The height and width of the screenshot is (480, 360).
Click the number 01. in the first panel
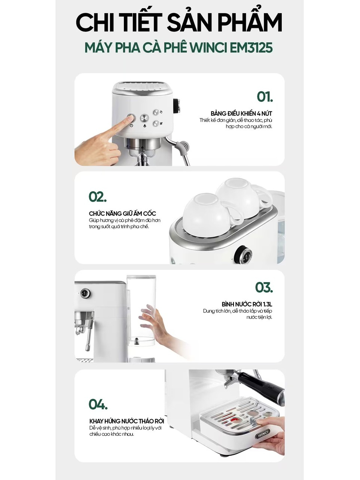click(x=265, y=97)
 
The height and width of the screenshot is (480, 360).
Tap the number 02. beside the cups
click(x=98, y=197)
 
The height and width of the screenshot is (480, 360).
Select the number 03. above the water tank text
click(x=264, y=287)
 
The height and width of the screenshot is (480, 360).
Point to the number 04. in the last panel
click(x=98, y=404)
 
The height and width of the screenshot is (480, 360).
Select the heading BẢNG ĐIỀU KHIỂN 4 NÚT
click(x=241, y=113)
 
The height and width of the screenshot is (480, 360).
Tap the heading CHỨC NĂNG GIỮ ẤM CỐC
click(x=122, y=213)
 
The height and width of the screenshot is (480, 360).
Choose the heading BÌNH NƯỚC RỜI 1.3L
click(x=247, y=304)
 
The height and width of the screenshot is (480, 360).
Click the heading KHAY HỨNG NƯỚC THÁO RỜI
click(x=126, y=421)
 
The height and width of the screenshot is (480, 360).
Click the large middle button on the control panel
click(x=144, y=119)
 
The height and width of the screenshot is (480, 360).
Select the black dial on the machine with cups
click(x=243, y=254)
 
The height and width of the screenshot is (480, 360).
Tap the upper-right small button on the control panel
click(x=156, y=112)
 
